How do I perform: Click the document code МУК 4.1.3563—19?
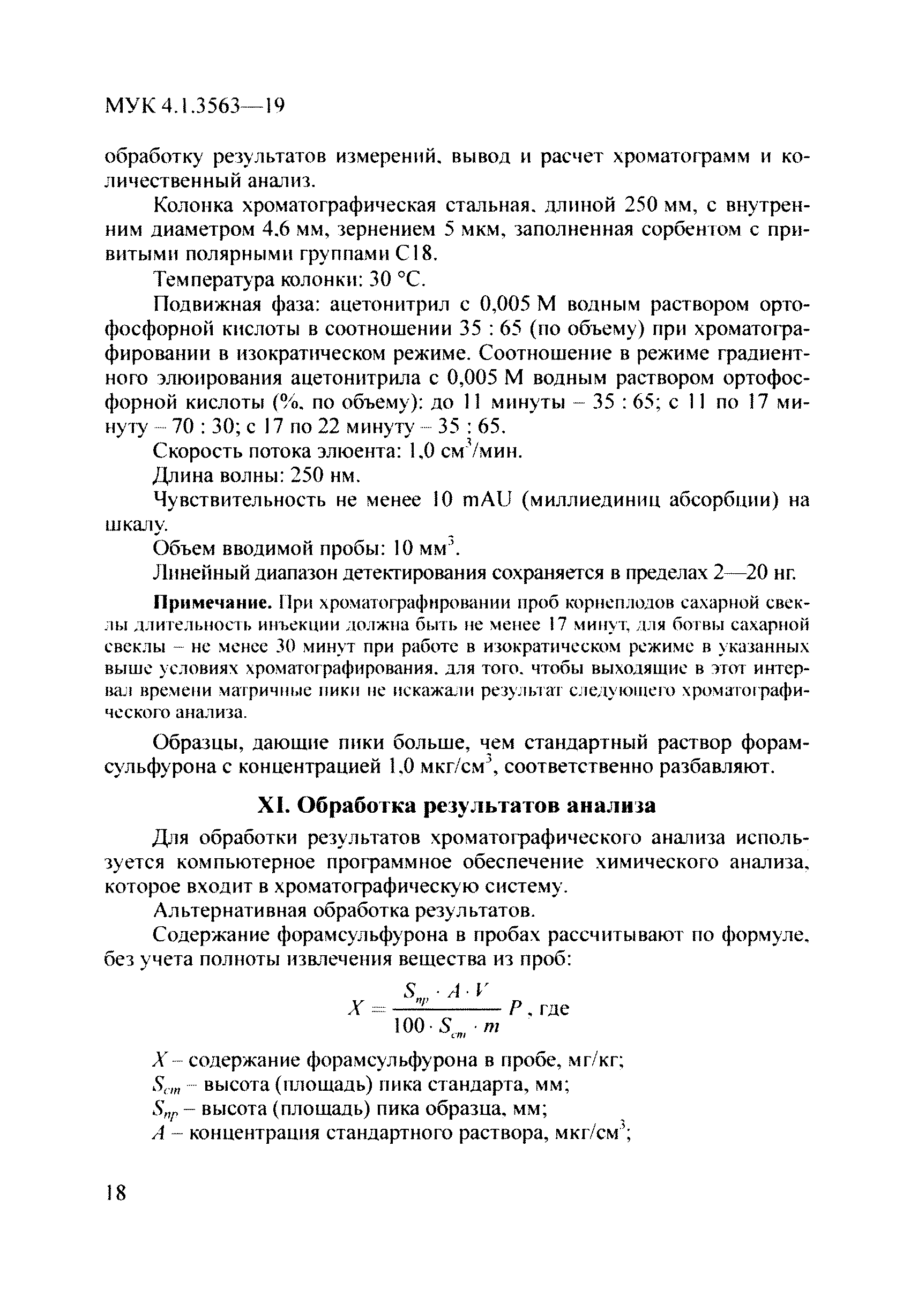[195, 106]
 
